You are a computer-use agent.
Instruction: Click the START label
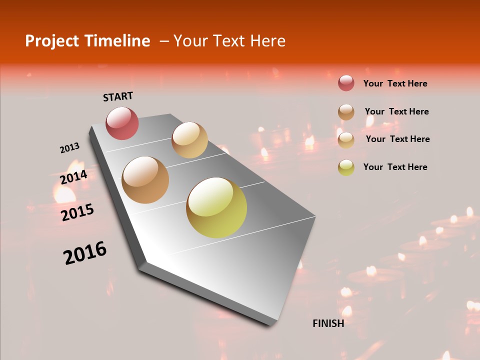(118, 96)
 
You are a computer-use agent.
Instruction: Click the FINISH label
(328, 323)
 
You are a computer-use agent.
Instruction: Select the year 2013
(69, 148)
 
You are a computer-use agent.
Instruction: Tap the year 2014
(73, 177)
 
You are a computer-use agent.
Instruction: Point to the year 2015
(77, 212)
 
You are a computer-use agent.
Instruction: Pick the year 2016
(85, 252)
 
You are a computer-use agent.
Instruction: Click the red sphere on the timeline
(122, 123)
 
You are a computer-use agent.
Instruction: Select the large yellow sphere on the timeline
(216, 207)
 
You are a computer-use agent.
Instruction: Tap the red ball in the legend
(346, 83)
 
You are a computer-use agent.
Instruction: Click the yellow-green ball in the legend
(346, 167)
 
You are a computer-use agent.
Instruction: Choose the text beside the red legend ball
(395, 84)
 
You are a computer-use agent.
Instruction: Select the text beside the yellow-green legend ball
(395, 167)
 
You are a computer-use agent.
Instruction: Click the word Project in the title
(52, 41)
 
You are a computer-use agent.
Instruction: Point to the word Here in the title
(267, 41)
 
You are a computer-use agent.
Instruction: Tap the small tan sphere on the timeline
(189, 140)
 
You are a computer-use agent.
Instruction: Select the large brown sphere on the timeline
(145, 180)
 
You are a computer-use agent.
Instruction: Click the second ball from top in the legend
(346, 112)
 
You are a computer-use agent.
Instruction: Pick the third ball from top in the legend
(346, 140)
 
